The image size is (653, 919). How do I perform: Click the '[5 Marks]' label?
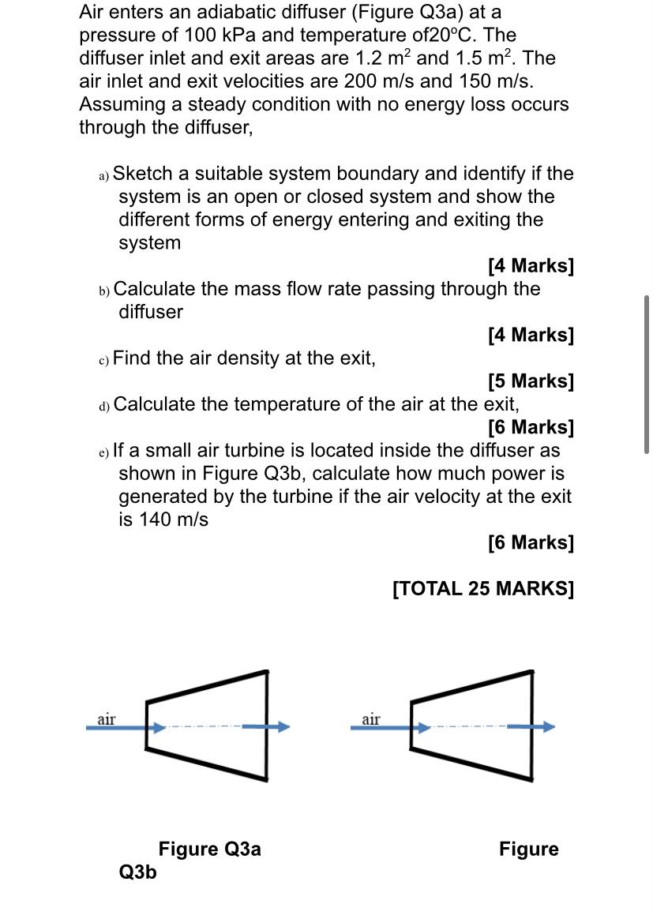point(531,381)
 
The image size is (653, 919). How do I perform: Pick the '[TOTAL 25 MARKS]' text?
point(483,588)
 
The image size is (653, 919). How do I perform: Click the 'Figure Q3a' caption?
point(209,849)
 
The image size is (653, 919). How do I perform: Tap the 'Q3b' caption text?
point(137,872)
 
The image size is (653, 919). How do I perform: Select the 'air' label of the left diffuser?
point(107,718)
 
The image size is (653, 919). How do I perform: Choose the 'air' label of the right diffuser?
point(371,718)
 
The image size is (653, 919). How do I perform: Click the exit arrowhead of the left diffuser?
point(283,727)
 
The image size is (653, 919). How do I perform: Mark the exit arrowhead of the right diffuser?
point(548,727)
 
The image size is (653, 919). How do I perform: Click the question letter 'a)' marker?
point(104,175)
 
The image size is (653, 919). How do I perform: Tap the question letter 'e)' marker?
point(104,452)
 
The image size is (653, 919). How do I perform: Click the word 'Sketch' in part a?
point(144,174)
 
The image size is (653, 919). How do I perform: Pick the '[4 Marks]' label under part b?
point(531,335)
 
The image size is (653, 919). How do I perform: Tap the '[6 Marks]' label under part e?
point(531,542)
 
